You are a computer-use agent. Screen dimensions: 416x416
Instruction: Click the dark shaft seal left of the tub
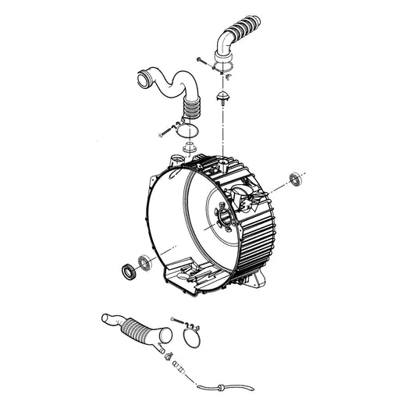tap(126, 271)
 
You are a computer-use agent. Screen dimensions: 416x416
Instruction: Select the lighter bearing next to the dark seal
tap(145, 261)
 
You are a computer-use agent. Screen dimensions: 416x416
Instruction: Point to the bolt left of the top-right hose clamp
tap(204, 59)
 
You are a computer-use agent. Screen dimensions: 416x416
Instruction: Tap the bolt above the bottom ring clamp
tap(176, 321)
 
